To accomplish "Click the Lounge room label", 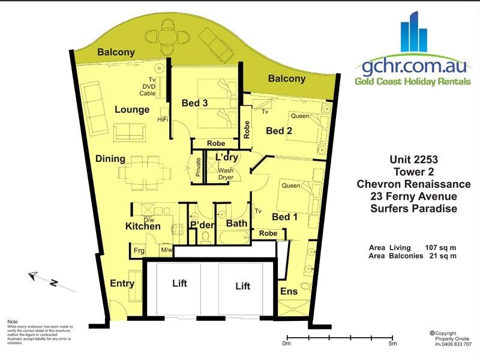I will [x=132, y=110].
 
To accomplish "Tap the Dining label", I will [x=110, y=159].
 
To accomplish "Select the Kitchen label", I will [x=143, y=227].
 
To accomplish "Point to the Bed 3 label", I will [x=194, y=103].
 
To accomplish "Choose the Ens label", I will [x=289, y=292].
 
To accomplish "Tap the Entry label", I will [x=122, y=283].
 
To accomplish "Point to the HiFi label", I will [x=163, y=119].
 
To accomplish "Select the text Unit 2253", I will [x=414, y=160].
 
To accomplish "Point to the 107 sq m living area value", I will [x=440, y=247].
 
